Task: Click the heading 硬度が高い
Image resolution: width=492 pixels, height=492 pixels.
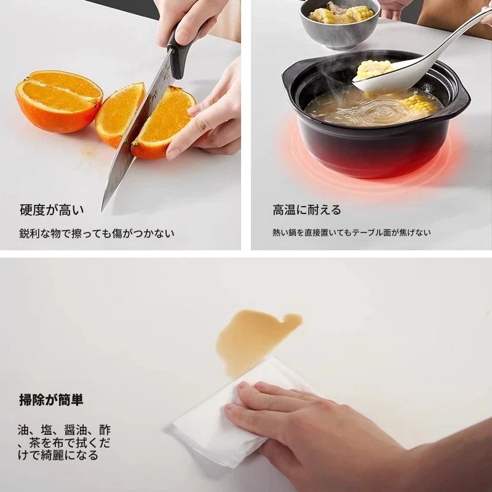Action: pyautogui.click(x=52, y=210)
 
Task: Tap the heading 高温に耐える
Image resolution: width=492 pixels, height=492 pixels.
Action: pyautogui.click(x=306, y=210)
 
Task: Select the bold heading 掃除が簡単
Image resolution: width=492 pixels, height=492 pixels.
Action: pyautogui.click(x=51, y=400)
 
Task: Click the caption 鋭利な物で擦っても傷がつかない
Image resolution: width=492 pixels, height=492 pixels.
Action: pyautogui.click(x=97, y=233)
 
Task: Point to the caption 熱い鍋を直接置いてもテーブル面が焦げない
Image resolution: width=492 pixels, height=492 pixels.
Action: pyautogui.click(x=351, y=232)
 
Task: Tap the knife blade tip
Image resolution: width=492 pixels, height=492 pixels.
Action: pyautogui.click(x=102, y=210)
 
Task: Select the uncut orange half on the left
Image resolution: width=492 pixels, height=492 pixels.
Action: pyautogui.click(x=59, y=100)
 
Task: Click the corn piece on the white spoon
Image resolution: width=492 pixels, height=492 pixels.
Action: pyautogui.click(x=373, y=69)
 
